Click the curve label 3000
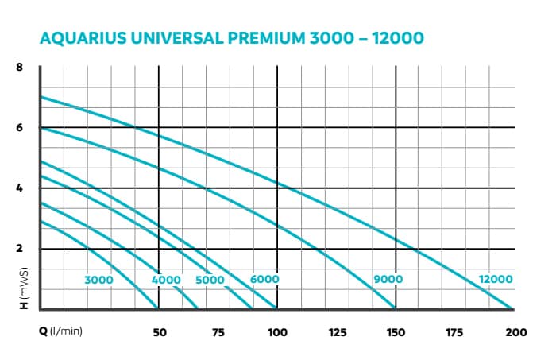(99, 280)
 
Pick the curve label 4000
(166, 280)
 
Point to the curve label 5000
(210, 280)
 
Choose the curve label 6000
(264, 280)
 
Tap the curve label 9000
(388, 280)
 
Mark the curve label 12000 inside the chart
(496, 280)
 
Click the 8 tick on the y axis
(19, 67)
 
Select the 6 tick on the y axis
(19, 127)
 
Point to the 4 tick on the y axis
(19, 188)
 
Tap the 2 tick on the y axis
(19, 249)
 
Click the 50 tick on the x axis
(159, 332)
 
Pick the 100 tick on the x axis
(277, 332)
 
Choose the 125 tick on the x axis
(337, 332)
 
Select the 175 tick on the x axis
(455, 332)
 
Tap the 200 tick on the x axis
(515, 332)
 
